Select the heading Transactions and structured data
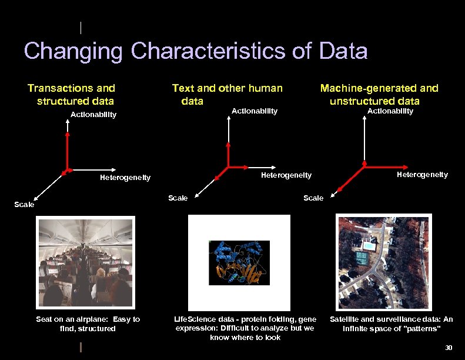tap(71, 94)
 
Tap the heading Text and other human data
tap(227, 94)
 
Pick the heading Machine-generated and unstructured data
tap(379, 94)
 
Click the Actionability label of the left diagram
tap(93, 114)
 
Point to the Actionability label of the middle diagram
tap(255, 111)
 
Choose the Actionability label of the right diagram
tap(390, 111)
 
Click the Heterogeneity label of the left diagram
tap(125, 177)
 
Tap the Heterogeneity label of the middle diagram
tap(286, 175)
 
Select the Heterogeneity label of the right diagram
tap(422, 174)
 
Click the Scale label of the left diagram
tap(24, 205)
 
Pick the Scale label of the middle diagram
tap(178, 198)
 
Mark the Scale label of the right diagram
tap(313, 198)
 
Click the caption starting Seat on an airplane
tap(88, 324)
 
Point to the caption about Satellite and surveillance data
tap(391, 324)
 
